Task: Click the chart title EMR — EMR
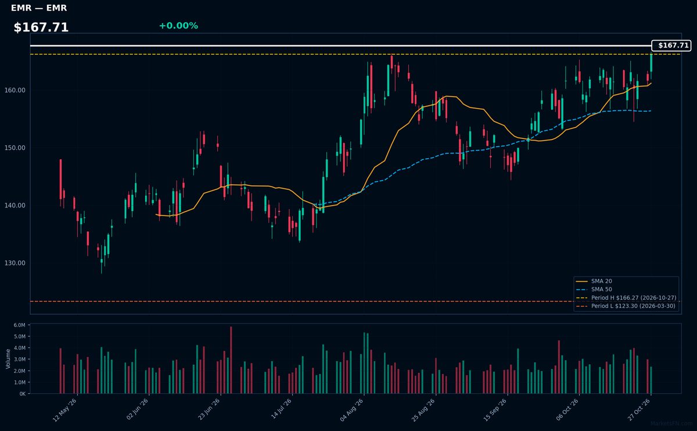pos(39,8)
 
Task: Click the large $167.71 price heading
pos(41,27)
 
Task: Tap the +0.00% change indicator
pos(178,26)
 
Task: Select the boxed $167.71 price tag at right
pos(671,45)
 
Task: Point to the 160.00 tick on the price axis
pos(15,90)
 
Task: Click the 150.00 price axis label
pos(15,148)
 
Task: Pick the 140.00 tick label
pos(15,206)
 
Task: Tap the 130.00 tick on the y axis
pos(15,263)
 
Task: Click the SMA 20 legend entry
pos(594,281)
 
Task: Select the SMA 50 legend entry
pos(594,289)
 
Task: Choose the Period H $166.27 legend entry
pos(626,298)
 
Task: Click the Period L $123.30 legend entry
pos(626,306)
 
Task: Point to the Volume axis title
pos(8,359)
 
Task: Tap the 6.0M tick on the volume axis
pos(19,325)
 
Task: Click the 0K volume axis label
pos(23,394)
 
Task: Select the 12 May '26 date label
pos(64,410)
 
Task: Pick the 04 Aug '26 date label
pos(351,410)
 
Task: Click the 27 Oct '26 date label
pos(638,410)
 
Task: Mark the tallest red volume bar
pos(231,360)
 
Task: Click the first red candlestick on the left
pos(60,179)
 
